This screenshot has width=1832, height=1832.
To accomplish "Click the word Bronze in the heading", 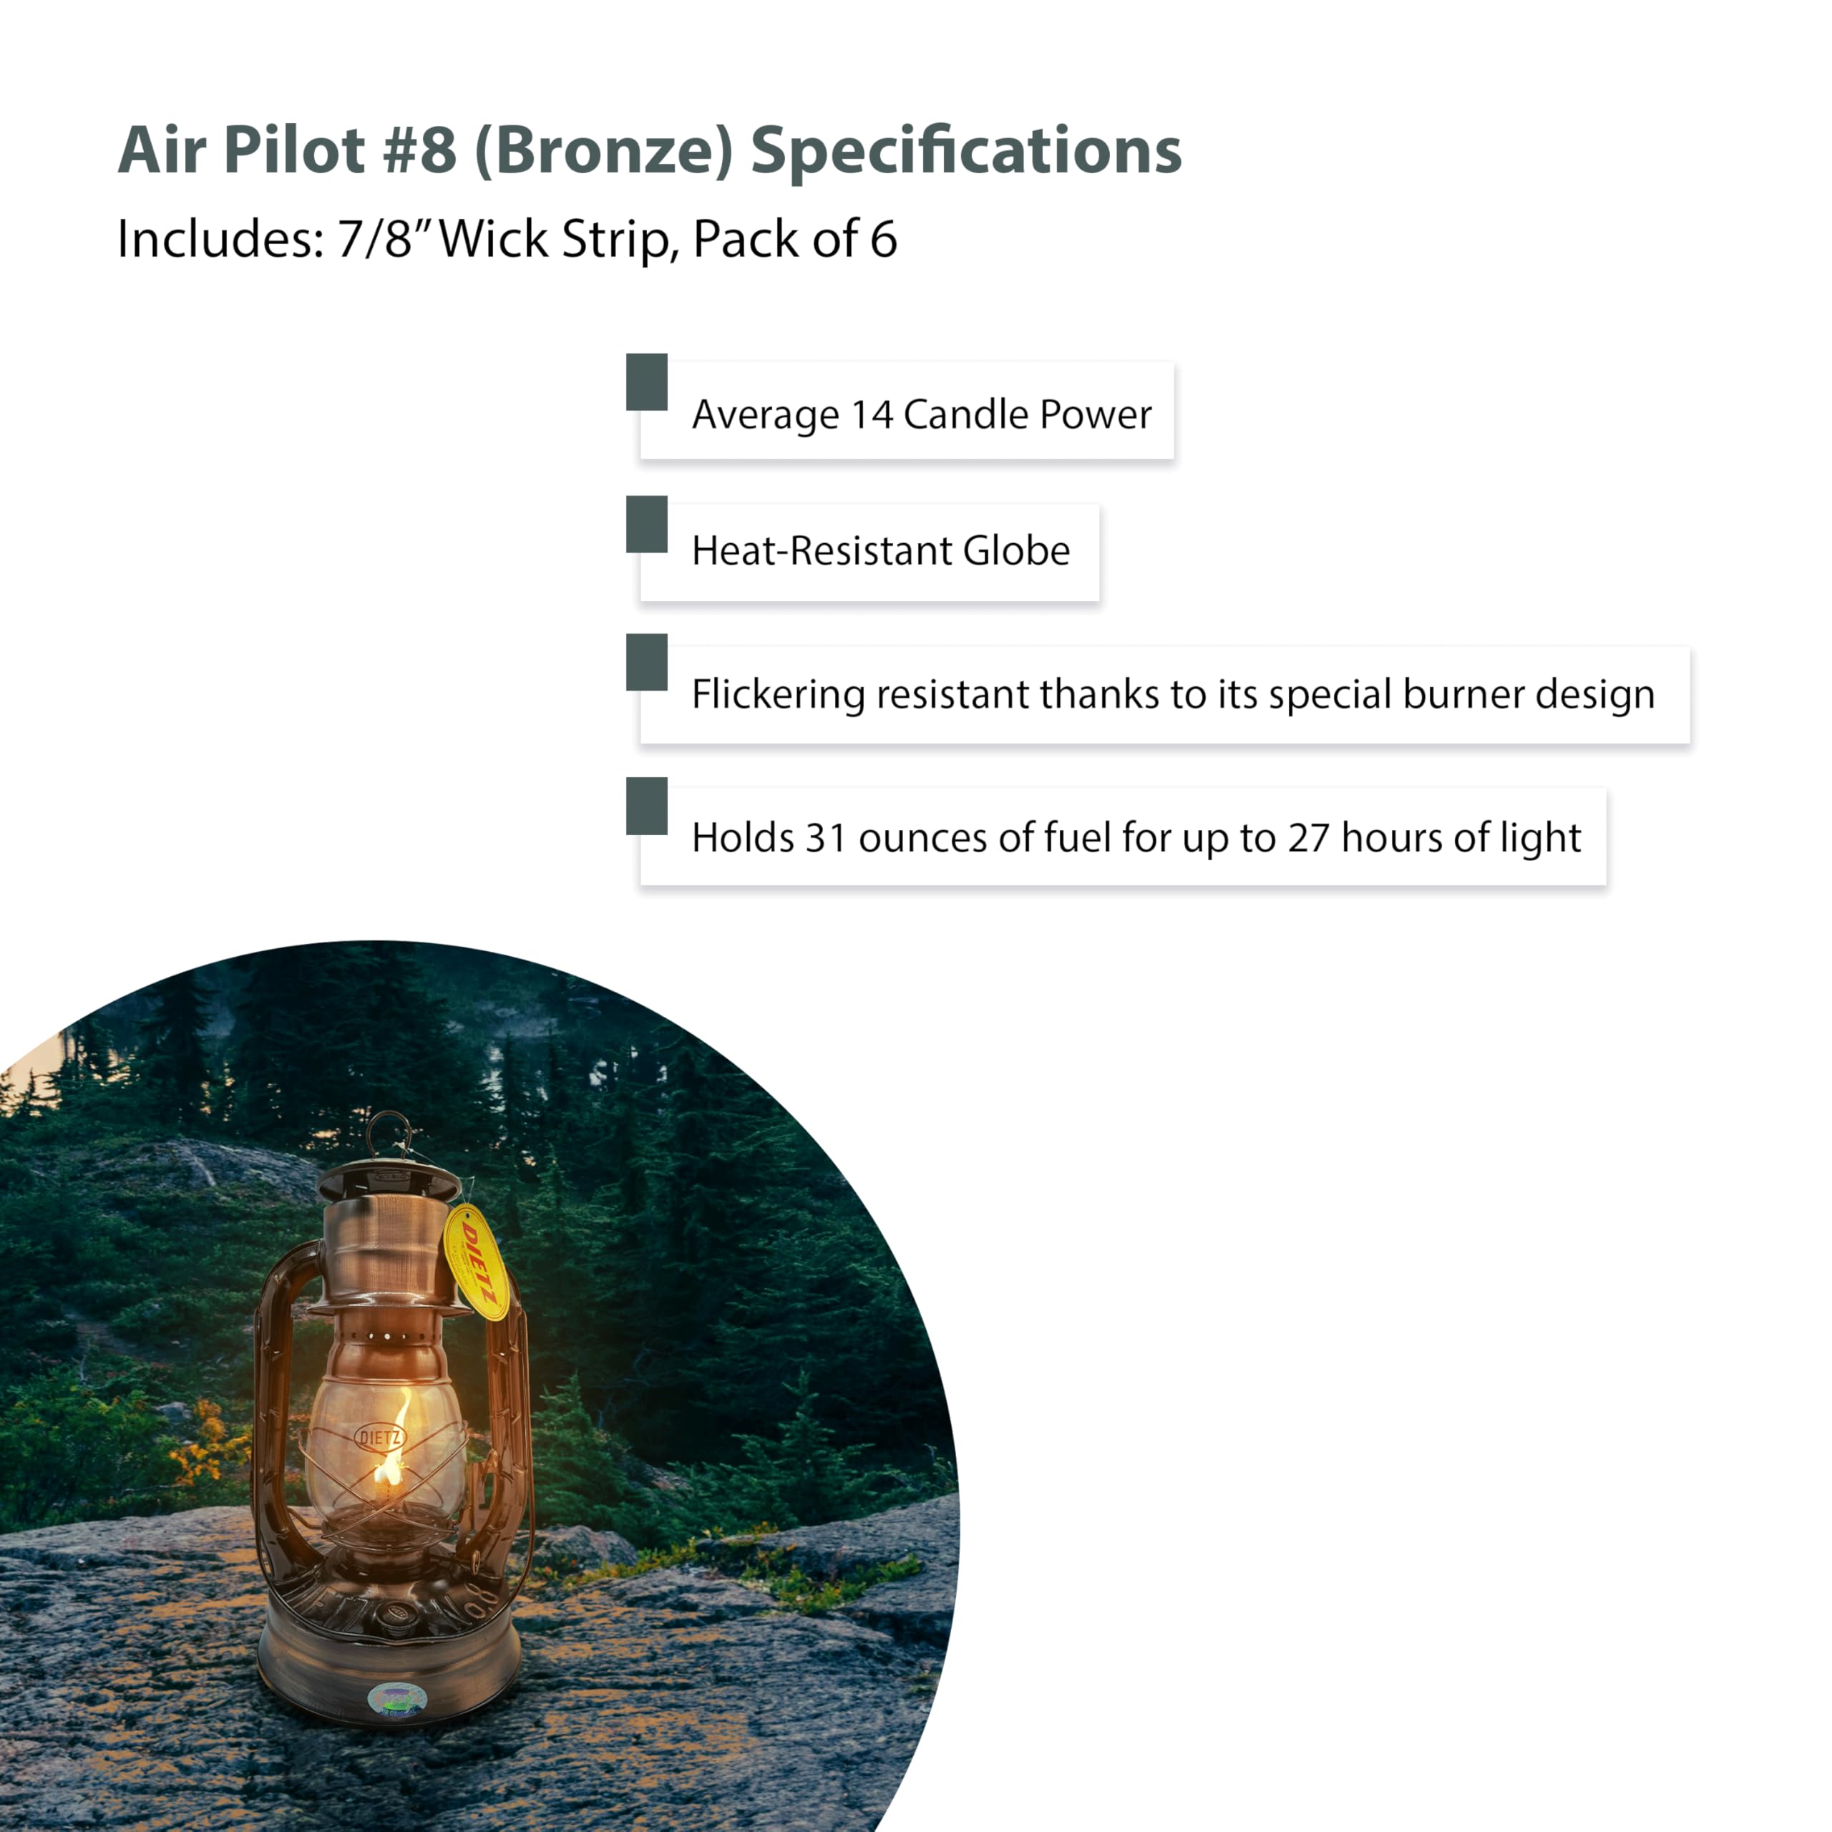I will (603, 151).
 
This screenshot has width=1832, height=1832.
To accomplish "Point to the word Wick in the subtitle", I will (493, 238).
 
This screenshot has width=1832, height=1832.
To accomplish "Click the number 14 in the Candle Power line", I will (872, 414).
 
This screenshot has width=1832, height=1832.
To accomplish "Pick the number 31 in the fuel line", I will (825, 838).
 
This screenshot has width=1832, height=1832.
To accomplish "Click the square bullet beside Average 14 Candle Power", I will (647, 382).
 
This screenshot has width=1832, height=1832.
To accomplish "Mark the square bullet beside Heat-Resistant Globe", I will (647, 525).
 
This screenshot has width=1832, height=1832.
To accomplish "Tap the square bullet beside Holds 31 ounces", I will (647, 806).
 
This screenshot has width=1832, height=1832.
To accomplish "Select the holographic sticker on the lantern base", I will (396, 1699).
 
